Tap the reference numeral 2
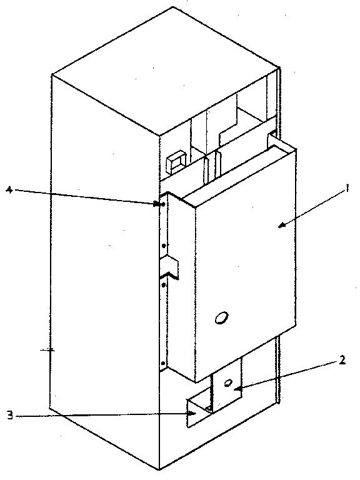pos(342,360)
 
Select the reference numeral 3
pos(10,416)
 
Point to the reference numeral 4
pos(9,190)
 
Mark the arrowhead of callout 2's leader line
pos(237,389)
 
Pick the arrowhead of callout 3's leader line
pos(192,413)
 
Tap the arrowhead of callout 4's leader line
pos(157,203)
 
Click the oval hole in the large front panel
pos(221,318)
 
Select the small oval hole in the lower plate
pos(228,382)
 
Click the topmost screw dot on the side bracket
pos(163,204)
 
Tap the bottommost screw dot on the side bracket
pos(163,363)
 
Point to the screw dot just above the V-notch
pos(164,246)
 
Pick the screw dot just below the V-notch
pos(164,285)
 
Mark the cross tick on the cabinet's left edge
pos(48,350)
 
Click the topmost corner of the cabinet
pos(172,7)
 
